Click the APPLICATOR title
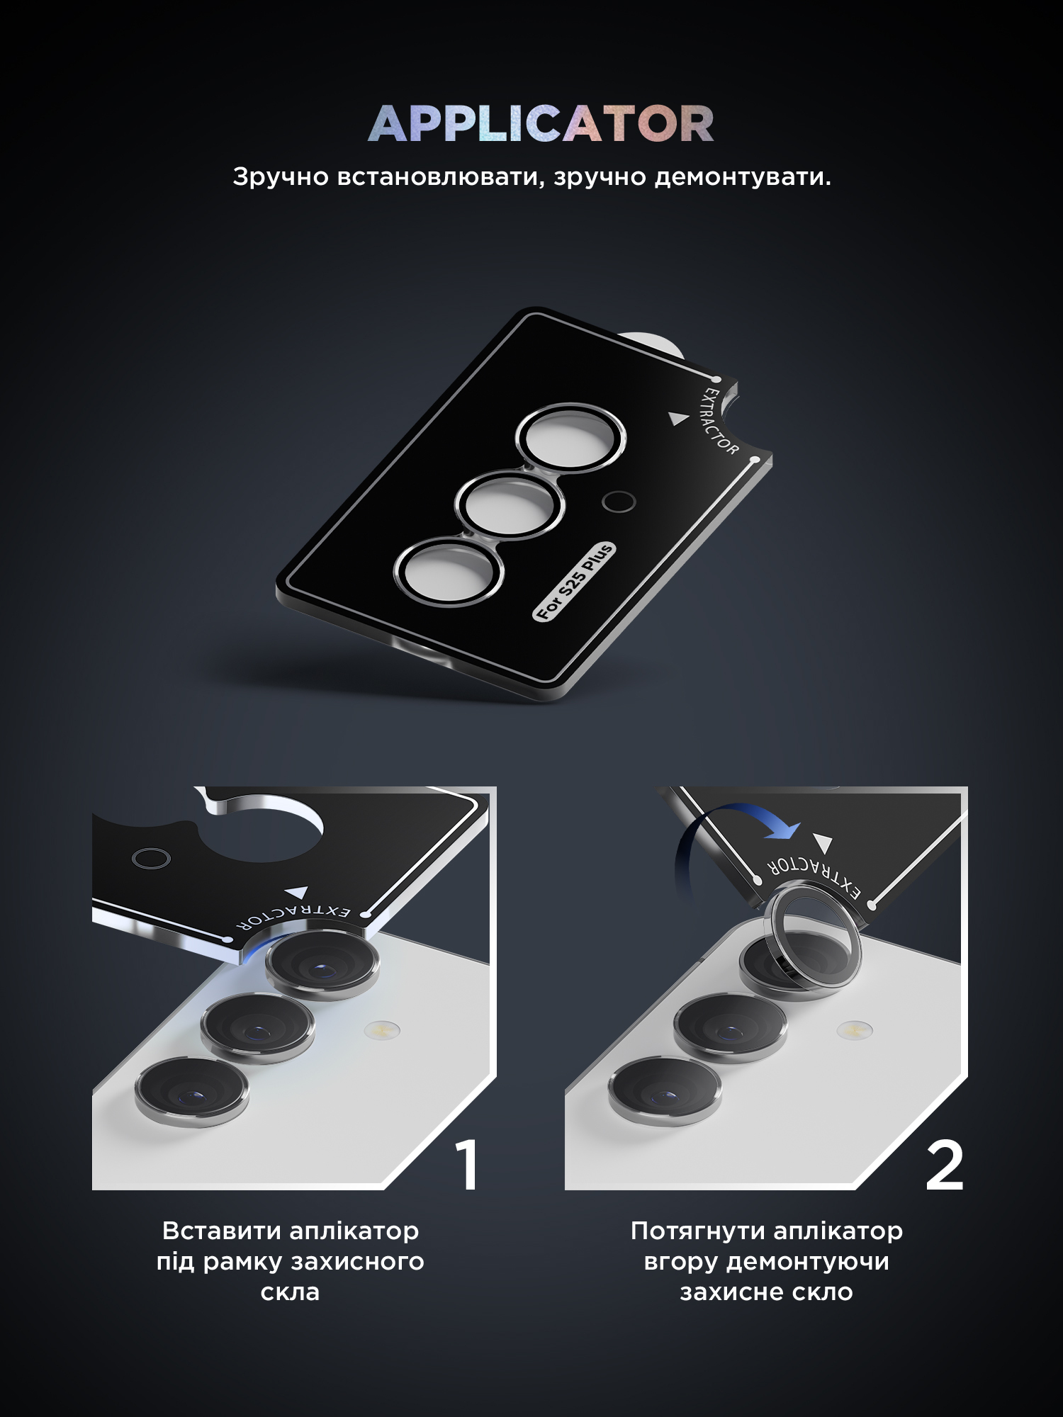(541, 123)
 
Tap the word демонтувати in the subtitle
(743, 176)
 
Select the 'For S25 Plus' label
(574, 582)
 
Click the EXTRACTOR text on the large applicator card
(720, 420)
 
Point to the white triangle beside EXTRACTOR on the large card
(679, 419)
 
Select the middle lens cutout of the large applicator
(509, 506)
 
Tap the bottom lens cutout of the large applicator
(449, 572)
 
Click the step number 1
(468, 1165)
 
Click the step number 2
(945, 1165)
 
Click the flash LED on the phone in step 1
(382, 1029)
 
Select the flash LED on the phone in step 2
(855, 1029)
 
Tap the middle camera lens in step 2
(730, 1027)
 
